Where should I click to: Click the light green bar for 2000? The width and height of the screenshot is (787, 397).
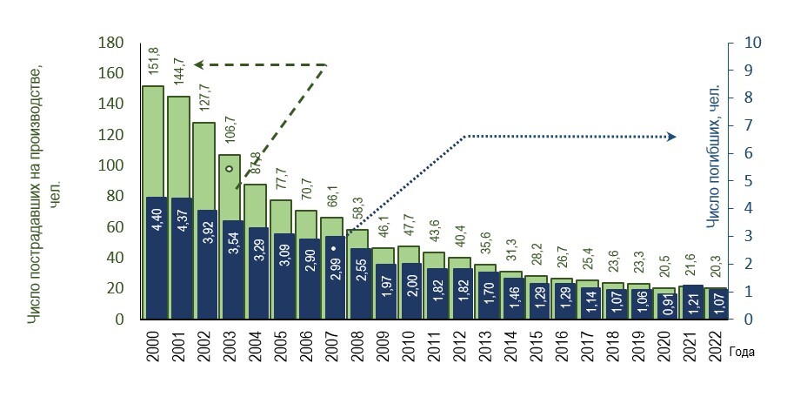click(x=153, y=139)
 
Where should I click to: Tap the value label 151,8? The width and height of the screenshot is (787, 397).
click(x=154, y=62)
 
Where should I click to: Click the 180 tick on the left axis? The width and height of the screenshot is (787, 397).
click(x=110, y=43)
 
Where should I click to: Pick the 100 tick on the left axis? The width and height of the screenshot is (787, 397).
click(x=110, y=165)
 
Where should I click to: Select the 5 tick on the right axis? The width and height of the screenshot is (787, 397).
click(x=750, y=181)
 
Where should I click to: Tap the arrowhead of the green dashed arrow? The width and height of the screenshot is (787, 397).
click(x=198, y=64)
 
